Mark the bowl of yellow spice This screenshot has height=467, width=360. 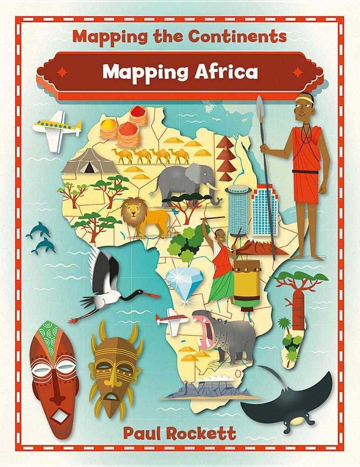(108, 126)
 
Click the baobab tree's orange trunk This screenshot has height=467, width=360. (298, 306)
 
